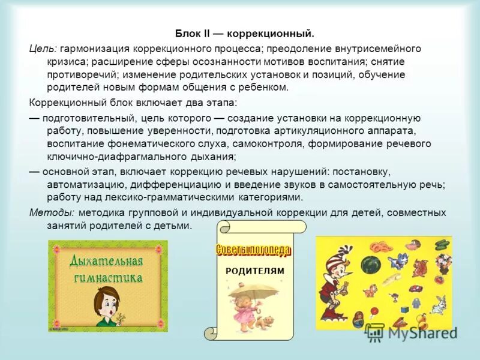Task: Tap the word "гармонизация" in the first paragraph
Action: [91, 49]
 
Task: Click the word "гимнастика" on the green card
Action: [108, 277]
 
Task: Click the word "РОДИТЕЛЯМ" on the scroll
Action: [254, 271]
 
